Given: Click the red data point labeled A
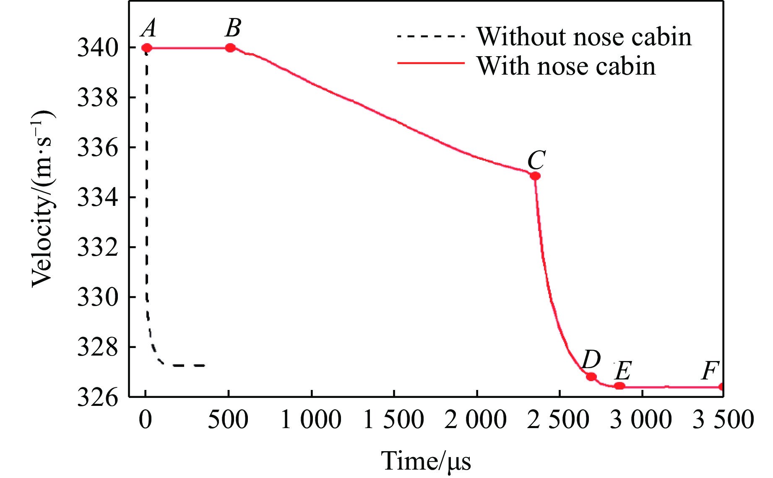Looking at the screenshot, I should coord(146,48).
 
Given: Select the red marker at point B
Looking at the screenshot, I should coord(230,48).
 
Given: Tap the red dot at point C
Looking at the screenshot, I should coord(535,176).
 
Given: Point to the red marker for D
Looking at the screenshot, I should coord(591,377).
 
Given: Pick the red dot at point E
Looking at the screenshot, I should coord(619,386).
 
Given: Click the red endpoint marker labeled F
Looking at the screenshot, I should coord(721,387).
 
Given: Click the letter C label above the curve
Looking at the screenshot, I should coord(536,160).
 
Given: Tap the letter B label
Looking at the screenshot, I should coord(233,29).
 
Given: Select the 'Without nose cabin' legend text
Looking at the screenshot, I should coord(584,37).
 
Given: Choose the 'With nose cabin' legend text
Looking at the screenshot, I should coord(566,66).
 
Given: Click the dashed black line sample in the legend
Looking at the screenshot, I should coord(431,36).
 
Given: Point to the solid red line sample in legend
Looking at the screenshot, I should coord(431,63).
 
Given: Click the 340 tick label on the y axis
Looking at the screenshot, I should coord(98,48).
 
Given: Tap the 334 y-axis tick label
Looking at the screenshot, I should coord(98,197).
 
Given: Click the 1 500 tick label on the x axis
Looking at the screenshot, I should coord(393,420).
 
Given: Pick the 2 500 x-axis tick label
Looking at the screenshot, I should coord(559,420).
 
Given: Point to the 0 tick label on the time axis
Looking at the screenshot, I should coord(146,420).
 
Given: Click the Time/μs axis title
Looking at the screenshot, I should coord(426,461).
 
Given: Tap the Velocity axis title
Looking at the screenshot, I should coord(43,199).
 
